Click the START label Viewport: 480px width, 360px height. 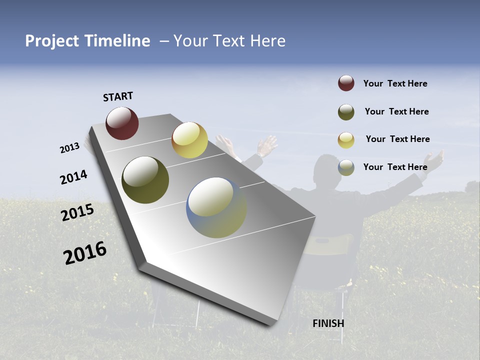click(118, 96)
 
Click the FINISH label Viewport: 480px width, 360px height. click(328, 323)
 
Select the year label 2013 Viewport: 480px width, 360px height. click(69, 148)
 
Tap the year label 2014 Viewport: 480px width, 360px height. click(73, 177)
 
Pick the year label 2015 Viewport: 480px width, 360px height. click(77, 212)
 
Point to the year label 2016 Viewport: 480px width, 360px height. click(85, 253)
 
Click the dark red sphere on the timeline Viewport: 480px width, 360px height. click(122, 123)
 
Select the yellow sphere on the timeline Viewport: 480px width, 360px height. click(189, 140)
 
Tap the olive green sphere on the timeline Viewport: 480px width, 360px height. click(145, 180)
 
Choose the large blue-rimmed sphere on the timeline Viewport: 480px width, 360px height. click(216, 207)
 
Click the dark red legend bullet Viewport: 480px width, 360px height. click(346, 83)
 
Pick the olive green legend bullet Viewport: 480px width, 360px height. click(346, 112)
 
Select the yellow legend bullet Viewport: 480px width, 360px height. click(346, 140)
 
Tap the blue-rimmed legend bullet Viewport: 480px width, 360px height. click(346, 167)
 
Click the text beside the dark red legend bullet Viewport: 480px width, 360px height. click(395, 83)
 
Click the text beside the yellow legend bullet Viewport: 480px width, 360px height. click(397, 139)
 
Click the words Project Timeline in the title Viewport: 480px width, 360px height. click(87, 41)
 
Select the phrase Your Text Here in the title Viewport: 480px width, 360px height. click(229, 41)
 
